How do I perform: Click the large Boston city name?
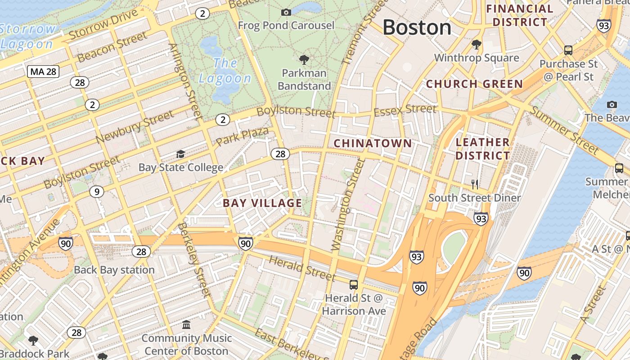click(x=417, y=28)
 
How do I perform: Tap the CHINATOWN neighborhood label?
click(x=373, y=144)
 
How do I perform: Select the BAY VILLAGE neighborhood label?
click(x=262, y=203)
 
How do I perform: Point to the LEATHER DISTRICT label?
click(x=482, y=149)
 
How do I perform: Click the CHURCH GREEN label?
click(x=474, y=84)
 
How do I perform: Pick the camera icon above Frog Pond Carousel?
click(x=286, y=12)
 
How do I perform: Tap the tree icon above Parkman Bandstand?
click(x=304, y=59)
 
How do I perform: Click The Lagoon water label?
click(x=225, y=71)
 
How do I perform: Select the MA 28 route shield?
click(x=43, y=71)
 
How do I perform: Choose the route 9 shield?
click(x=96, y=192)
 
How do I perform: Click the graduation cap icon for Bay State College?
click(x=180, y=154)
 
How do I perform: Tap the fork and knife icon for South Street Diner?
click(x=474, y=184)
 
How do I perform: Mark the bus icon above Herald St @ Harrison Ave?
click(x=354, y=284)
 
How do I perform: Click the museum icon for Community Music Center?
click(x=186, y=324)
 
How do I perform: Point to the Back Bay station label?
click(x=114, y=270)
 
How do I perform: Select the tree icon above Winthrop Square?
click(x=477, y=44)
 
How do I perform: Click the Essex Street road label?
click(x=405, y=109)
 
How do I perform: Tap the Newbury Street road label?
click(x=135, y=128)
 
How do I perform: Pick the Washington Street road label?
click(x=348, y=205)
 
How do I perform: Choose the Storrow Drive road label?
click(x=103, y=24)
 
